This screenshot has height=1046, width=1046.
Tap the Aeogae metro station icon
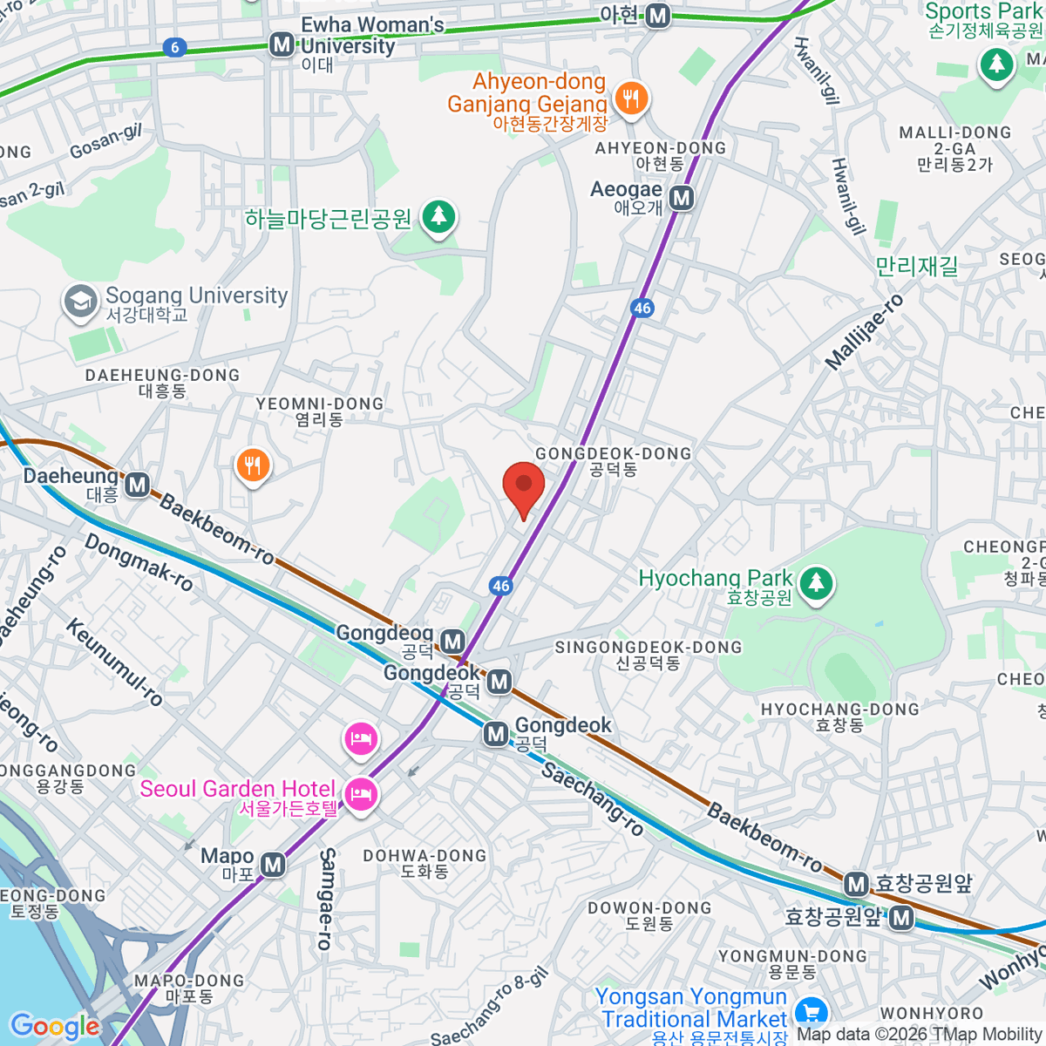click(682, 199)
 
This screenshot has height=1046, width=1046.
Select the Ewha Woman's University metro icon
click(282, 44)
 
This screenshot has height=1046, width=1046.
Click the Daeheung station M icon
click(138, 485)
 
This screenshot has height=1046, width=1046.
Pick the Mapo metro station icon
click(273, 865)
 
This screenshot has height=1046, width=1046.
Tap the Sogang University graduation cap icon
click(80, 302)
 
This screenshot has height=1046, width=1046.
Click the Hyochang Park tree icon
click(816, 583)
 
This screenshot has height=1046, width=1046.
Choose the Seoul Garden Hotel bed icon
click(360, 794)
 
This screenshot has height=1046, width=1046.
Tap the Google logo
click(55, 1027)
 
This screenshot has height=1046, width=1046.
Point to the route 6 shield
click(175, 47)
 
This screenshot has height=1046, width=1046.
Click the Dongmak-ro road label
click(139, 563)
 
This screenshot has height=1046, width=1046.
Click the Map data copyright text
click(920, 1034)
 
